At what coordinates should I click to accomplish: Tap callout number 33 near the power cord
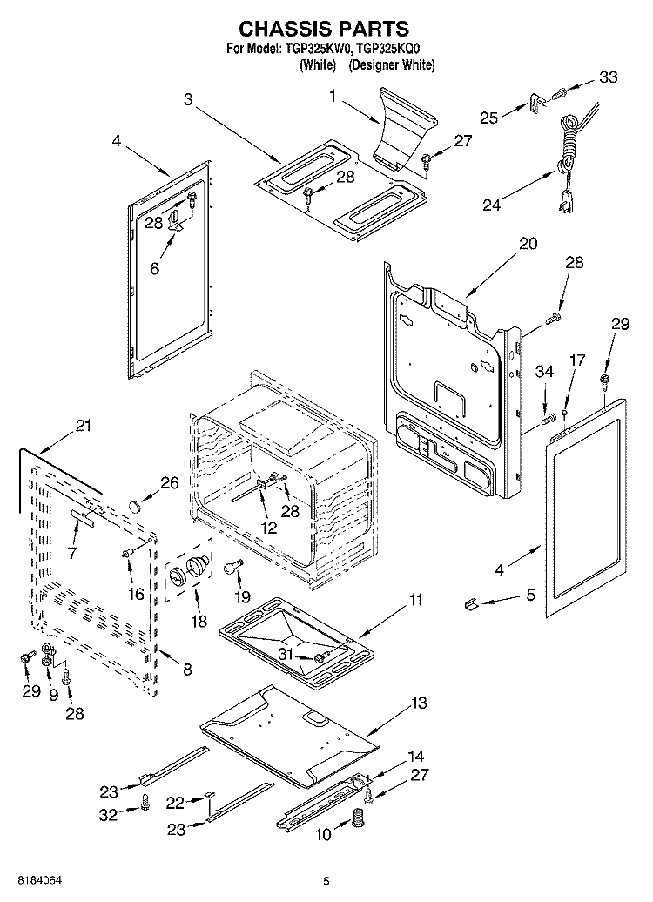click(x=608, y=77)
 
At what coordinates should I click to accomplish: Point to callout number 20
click(x=528, y=243)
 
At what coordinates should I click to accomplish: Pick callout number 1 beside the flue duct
click(x=333, y=96)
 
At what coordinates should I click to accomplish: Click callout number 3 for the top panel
click(x=188, y=99)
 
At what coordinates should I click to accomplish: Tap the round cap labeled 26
click(x=136, y=506)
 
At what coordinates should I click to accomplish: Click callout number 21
click(x=84, y=426)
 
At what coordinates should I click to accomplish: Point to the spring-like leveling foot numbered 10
click(x=359, y=818)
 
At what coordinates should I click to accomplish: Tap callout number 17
click(x=576, y=360)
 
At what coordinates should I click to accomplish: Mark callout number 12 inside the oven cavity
click(x=269, y=527)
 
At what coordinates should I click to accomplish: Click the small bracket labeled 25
click(x=535, y=105)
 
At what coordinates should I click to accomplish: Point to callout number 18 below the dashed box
click(x=199, y=622)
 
